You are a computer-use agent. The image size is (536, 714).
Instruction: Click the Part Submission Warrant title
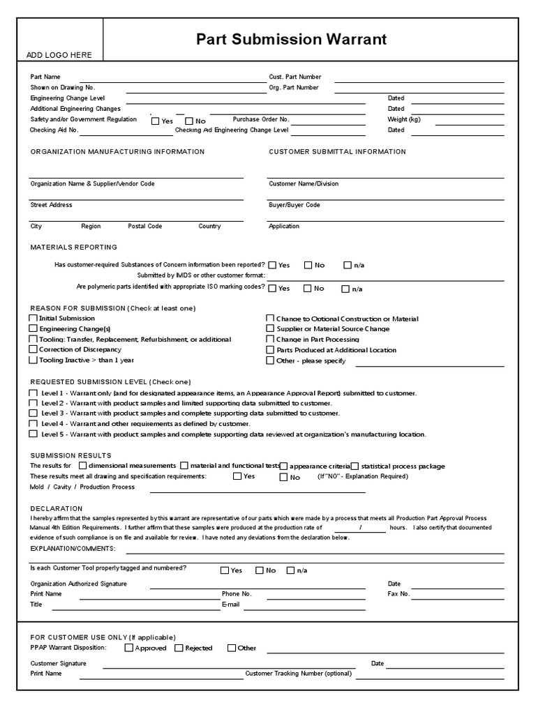pos(291,40)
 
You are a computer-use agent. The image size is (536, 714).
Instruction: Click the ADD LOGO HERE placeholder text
pos(59,55)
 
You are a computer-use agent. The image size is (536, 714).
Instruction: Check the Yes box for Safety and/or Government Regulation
pos(156,121)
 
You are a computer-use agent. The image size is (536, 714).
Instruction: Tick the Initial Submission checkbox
pos(33,319)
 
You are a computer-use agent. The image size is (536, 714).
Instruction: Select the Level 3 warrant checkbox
pos(33,413)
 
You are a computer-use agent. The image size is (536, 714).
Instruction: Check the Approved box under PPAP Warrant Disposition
pos(128,648)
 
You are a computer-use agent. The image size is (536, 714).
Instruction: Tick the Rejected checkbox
pos(179,648)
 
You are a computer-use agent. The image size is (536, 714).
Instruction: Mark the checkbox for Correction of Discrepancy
pos(33,350)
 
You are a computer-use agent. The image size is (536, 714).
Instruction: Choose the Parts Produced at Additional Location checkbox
pos(270,350)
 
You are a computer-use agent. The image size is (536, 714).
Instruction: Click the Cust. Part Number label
pos(295,77)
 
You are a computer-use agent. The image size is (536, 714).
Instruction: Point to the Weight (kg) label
pos(404,119)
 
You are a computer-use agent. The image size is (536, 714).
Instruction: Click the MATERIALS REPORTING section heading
pos(73,247)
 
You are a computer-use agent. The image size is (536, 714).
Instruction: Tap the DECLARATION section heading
pos(56,508)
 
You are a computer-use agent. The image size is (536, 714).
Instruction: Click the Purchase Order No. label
pos(260,119)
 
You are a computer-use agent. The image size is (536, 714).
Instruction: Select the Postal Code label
pos(144,226)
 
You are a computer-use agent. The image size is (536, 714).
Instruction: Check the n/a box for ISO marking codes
pos(345,289)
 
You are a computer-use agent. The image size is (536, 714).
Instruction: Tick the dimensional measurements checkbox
pos(83,466)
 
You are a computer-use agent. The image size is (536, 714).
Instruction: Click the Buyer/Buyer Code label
pos(294,205)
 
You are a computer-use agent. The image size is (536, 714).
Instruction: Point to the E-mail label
pos(230,605)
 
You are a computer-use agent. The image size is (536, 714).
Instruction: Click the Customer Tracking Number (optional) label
pos(298,674)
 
